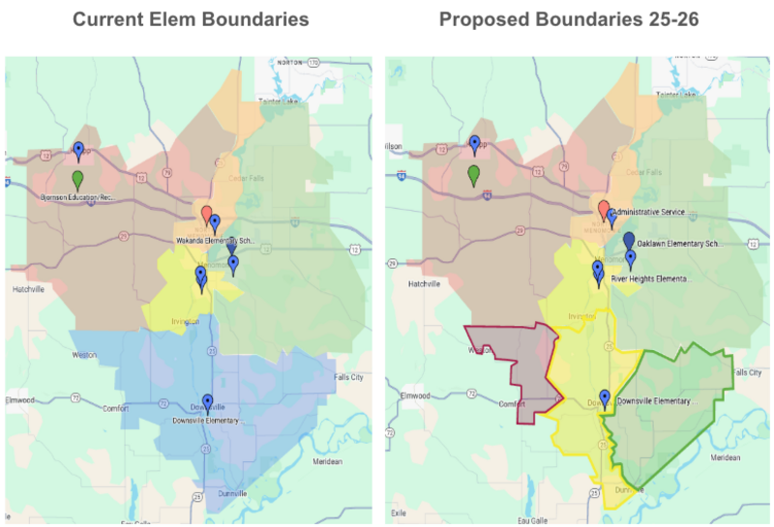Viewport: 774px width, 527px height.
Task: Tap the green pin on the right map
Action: [x=474, y=174]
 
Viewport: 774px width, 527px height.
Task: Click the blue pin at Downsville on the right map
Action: [x=605, y=397]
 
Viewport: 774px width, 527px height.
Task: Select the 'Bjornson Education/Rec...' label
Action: [x=77, y=197]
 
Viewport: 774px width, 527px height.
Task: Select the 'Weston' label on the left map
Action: [x=84, y=355]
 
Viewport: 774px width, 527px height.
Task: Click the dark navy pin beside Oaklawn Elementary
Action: [x=629, y=239]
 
